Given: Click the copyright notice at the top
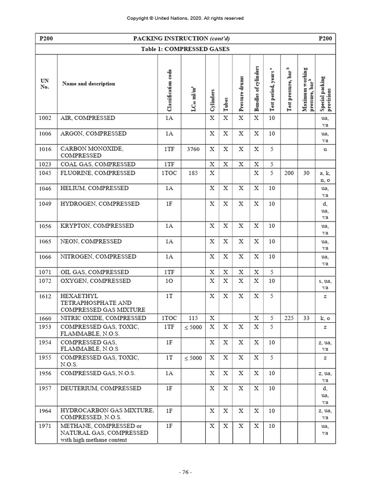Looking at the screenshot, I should click(185, 18).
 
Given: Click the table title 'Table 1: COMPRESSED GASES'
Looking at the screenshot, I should click(185, 49).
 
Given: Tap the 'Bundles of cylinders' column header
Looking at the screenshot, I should click(257, 89).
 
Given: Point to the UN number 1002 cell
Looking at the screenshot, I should click(45, 118).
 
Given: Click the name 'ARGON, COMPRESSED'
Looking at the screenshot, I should click(93, 134).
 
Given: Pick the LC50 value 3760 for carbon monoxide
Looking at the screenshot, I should click(193, 150).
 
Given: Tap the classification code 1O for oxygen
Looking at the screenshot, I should click(169, 281).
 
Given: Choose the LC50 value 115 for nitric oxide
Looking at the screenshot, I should click(193, 318).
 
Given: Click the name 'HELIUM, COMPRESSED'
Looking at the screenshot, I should click(94, 188).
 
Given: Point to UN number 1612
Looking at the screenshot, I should click(45, 296).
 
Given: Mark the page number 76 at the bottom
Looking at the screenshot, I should click(185, 472).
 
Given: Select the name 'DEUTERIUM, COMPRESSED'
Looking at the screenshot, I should click(100, 388).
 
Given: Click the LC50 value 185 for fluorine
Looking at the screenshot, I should click(193, 173).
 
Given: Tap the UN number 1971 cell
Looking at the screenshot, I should click(45, 426).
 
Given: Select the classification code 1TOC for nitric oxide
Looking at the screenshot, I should click(169, 318).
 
